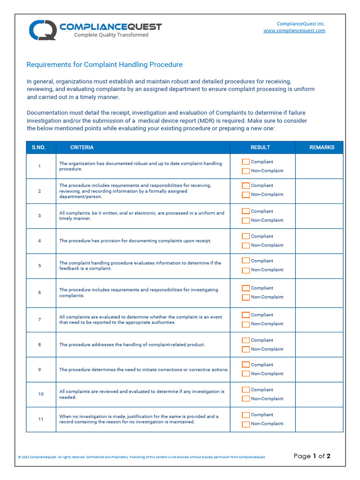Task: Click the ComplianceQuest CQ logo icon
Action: pyautogui.click(x=43, y=30)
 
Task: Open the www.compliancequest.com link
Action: pyautogui.click(x=294, y=31)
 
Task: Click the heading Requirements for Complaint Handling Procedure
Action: pyautogui.click(x=105, y=65)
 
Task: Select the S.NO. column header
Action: pyautogui.click(x=39, y=147)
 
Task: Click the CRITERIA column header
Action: pyautogui.click(x=82, y=147)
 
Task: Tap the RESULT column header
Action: pyautogui.click(x=260, y=147)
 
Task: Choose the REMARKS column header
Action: pyautogui.click(x=322, y=147)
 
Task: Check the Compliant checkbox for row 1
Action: pyautogui.click(x=246, y=162)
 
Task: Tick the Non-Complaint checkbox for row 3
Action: pyautogui.click(x=246, y=220)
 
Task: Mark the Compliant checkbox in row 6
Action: pyautogui.click(x=246, y=288)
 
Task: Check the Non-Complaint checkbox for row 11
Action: pyautogui.click(x=246, y=424)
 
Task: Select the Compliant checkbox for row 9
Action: pyautogui.click(x=246, y=365)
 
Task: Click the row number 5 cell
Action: pyautogui.click(x=40, y=266)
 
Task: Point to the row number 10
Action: pyautogui.click(x=41, y=394)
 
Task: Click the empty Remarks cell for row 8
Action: pyautogui.click(x=319, y=345)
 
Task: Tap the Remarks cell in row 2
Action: pyautogui.click(x=319, y=191)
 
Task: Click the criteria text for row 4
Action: pyautogui.click(x=135, y=241)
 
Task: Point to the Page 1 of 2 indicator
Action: pyautogui.click(x=312, y=456)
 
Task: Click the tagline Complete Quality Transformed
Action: pyautogui.click(x=111, y=35)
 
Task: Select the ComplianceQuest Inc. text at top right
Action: pyautogui.click(x=300, y=24)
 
